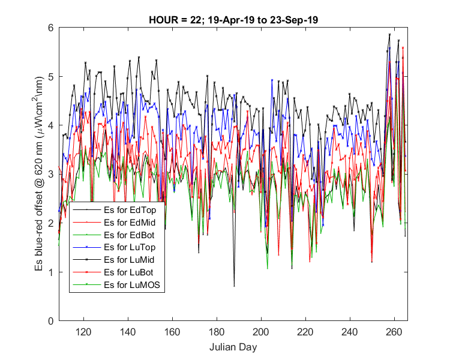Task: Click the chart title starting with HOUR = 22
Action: click(233, 20)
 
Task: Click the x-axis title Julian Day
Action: click(233, 347)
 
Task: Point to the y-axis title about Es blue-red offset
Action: click(39, 173)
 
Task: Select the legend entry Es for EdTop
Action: click(130, 210)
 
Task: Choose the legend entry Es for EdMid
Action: click(130, 223)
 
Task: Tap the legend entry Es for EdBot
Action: click(129, 235)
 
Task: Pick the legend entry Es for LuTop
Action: click(130, 247)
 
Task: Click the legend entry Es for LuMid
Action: click(129, 260)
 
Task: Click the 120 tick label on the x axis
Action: click(83, 332)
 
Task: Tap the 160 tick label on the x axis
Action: click(172, 332)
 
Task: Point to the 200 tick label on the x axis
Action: click(261, 332)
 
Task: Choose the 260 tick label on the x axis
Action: click(394, 332)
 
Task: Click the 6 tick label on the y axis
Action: click(51, 28)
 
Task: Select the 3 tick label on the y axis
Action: click(51, 174)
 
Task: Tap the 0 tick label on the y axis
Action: click(51, 321)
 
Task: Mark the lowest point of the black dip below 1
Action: click(234, 286)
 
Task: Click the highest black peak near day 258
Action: click(389, 34)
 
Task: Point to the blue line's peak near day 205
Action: click(272, 80)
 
